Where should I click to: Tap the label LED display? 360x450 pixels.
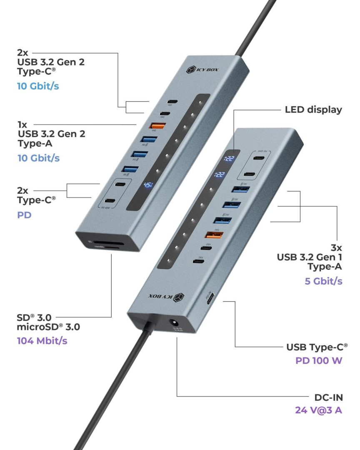(313, 110)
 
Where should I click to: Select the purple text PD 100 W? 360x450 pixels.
(319, 360)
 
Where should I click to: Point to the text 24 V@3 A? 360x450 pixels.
(318, 410)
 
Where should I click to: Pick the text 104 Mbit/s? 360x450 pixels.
(42, 340)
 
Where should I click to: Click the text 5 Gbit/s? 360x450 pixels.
(323, 281)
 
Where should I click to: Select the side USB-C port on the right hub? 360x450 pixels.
(210, 298)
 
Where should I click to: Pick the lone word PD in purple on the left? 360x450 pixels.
(24, 216)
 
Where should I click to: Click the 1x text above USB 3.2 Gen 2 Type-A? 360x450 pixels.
(22, 124)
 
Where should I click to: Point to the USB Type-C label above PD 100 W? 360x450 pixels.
(317, 347)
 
